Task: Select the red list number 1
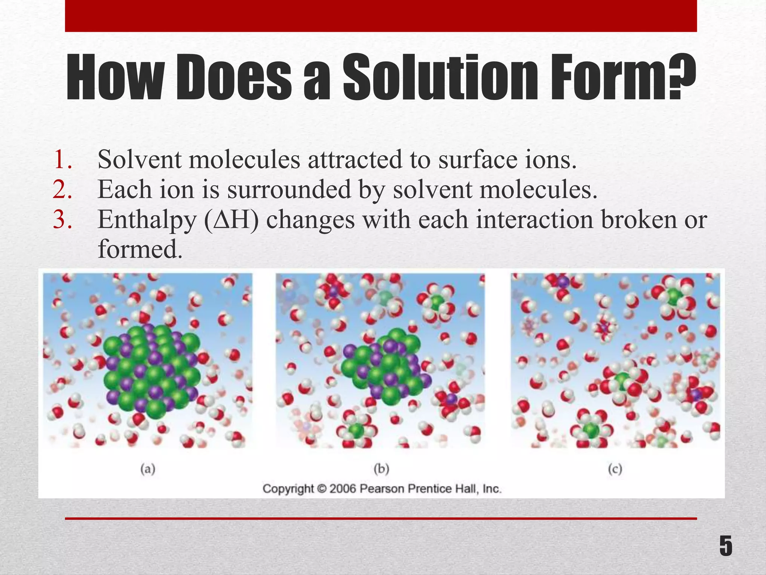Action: (63, 160)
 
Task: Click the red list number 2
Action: (63, 190)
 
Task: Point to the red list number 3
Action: (63, 220)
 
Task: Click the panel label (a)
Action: (148, 469)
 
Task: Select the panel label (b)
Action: (382, 469)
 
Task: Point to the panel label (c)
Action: (615, 469)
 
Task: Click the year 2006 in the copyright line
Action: (342, 489)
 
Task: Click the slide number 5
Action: (726, 546)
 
